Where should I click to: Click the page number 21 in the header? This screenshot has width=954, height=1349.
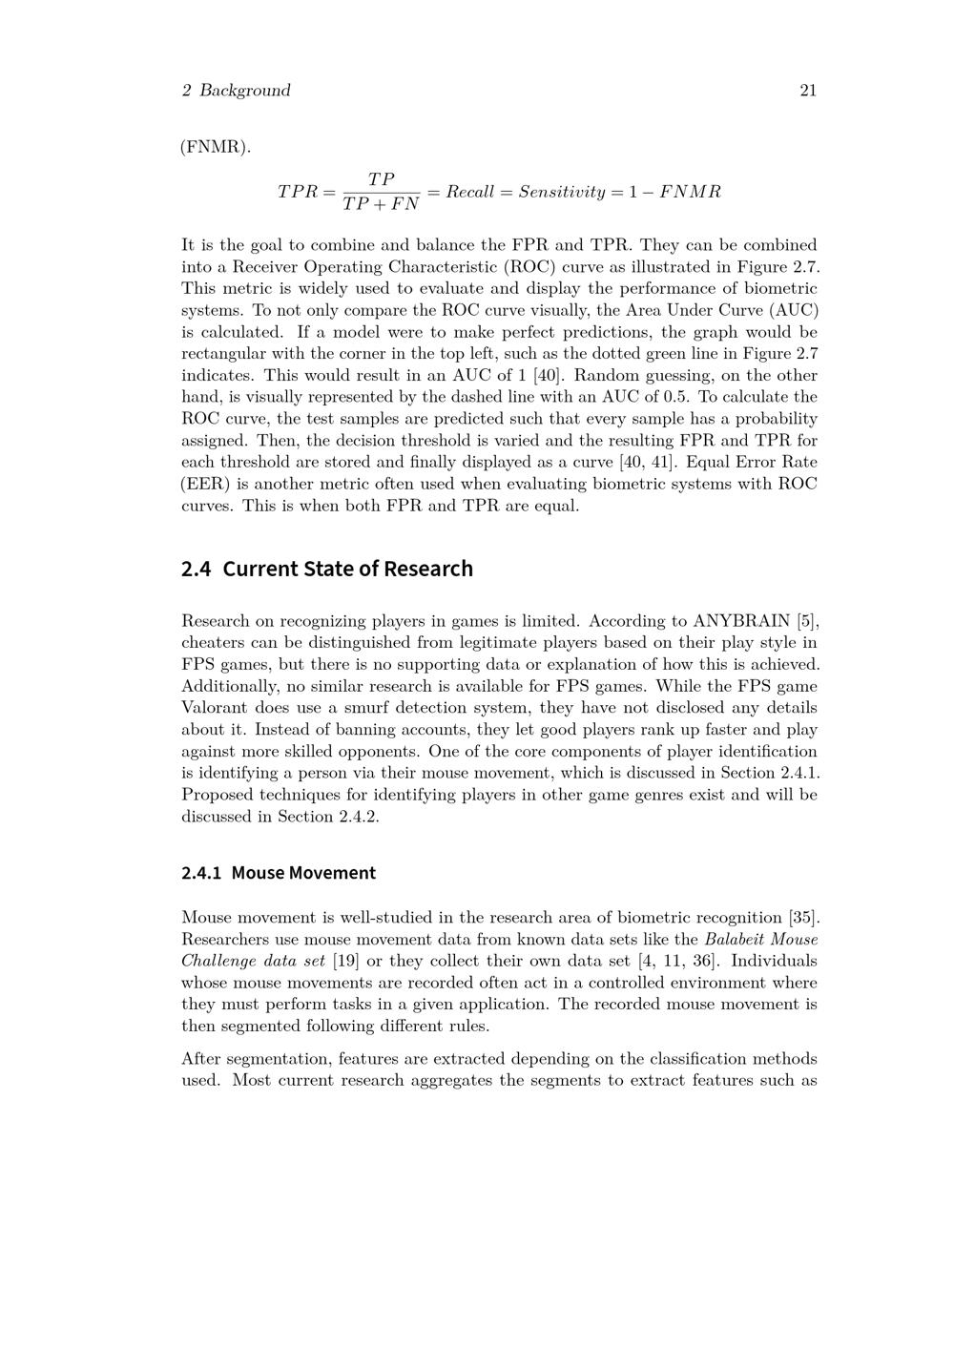tap(807, 91)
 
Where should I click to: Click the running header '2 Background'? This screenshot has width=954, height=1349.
tap(236, 91)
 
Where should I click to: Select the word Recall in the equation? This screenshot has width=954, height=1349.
tap(470, 192)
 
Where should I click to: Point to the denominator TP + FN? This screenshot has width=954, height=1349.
tap(381, 204)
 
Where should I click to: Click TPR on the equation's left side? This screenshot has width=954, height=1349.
tap(297, 192)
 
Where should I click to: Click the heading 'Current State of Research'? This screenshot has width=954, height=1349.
tap(347, 569)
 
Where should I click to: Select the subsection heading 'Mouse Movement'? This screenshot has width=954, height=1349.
tap(303, 873)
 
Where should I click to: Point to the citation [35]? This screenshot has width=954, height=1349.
tap(804, 918)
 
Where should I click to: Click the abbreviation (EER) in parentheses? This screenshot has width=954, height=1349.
tap(203, 484)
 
